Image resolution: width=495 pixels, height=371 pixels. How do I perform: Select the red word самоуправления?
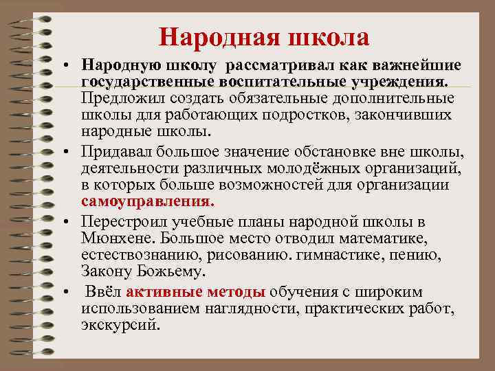pos(147,202)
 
